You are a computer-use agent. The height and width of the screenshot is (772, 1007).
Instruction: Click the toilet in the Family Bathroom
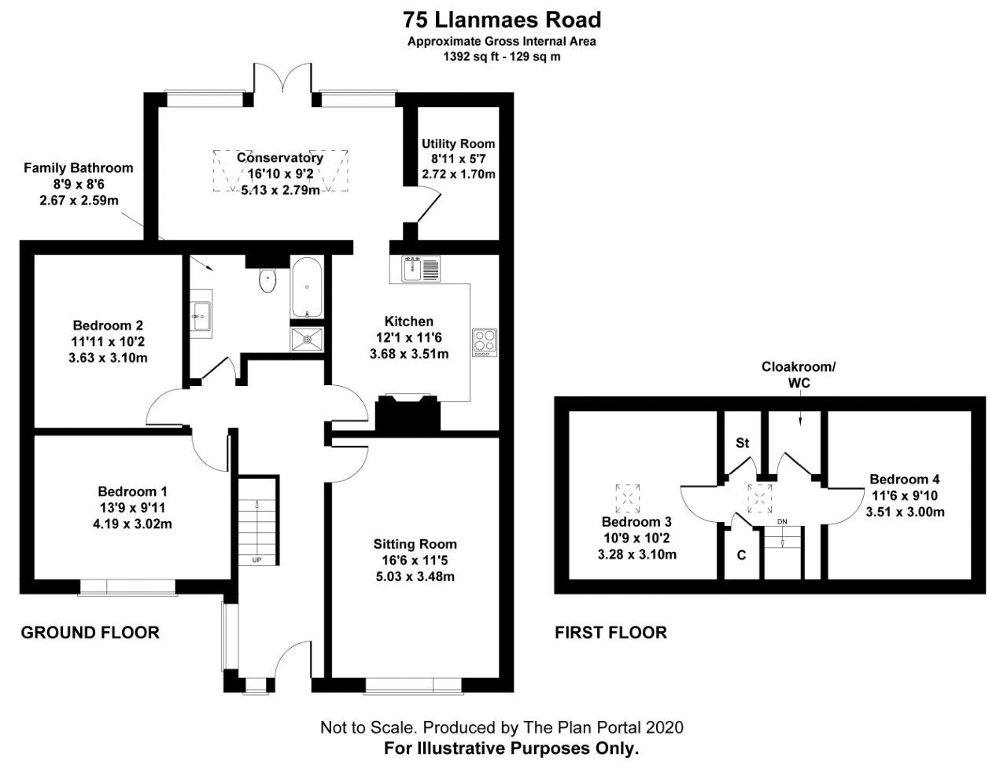(x=267, y=280)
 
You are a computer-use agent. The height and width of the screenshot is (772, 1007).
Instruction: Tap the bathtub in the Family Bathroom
(x=306, y=287)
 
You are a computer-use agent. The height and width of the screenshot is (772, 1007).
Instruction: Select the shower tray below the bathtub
(x=307, y=340)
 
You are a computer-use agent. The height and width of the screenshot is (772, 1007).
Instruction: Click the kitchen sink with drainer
(x=415, y=269)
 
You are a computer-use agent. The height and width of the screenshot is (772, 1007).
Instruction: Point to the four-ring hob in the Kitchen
(x=485, y=342)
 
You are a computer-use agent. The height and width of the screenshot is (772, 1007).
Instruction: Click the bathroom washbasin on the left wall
(x=201, y=316)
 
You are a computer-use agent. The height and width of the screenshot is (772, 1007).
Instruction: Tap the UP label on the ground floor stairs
(x=256, y=560)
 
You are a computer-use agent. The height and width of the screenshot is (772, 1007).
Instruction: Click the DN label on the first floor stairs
(x=782, y=521)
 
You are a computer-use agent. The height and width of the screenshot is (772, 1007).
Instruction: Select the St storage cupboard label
(x=743, y=443)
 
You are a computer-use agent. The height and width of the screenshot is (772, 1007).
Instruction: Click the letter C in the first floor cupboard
(x=741, y=555)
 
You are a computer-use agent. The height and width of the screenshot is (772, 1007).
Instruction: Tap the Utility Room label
(x=459, y=144)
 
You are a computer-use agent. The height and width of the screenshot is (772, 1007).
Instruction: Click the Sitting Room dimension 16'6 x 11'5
(x=415, y=561)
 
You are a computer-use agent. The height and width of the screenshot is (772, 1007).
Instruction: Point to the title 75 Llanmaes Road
(x=502, y=20)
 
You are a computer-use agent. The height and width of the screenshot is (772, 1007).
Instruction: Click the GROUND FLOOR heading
(x=90, y=633)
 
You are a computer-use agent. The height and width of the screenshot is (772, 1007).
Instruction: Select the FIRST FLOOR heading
(x=610, y=633)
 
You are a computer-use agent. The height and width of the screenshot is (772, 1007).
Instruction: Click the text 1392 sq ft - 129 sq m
(x=502, y=57)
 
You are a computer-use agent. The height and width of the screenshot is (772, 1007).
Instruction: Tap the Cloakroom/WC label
(x=799, y=375)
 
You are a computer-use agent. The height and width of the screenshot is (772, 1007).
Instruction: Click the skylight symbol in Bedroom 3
(x=628, y=498)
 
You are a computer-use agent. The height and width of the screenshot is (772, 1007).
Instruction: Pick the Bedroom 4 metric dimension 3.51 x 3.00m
(x=905, y=513)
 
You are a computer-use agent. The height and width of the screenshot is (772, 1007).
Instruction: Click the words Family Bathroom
(x=79, y=168)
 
